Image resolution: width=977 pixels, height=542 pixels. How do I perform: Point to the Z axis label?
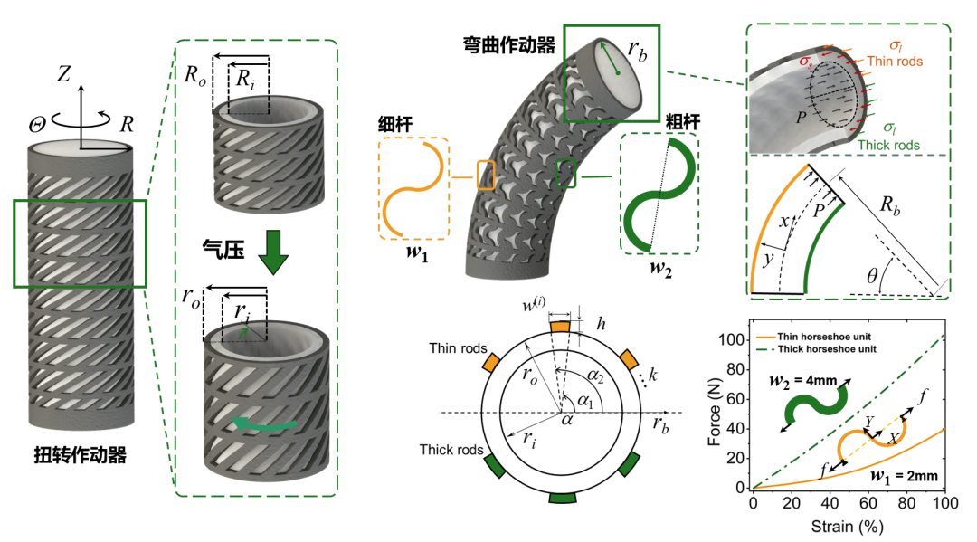point(62,74)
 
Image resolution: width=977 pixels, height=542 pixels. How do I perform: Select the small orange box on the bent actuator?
point(486,175)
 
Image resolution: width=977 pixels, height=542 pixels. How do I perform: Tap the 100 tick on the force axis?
point(733,339)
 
